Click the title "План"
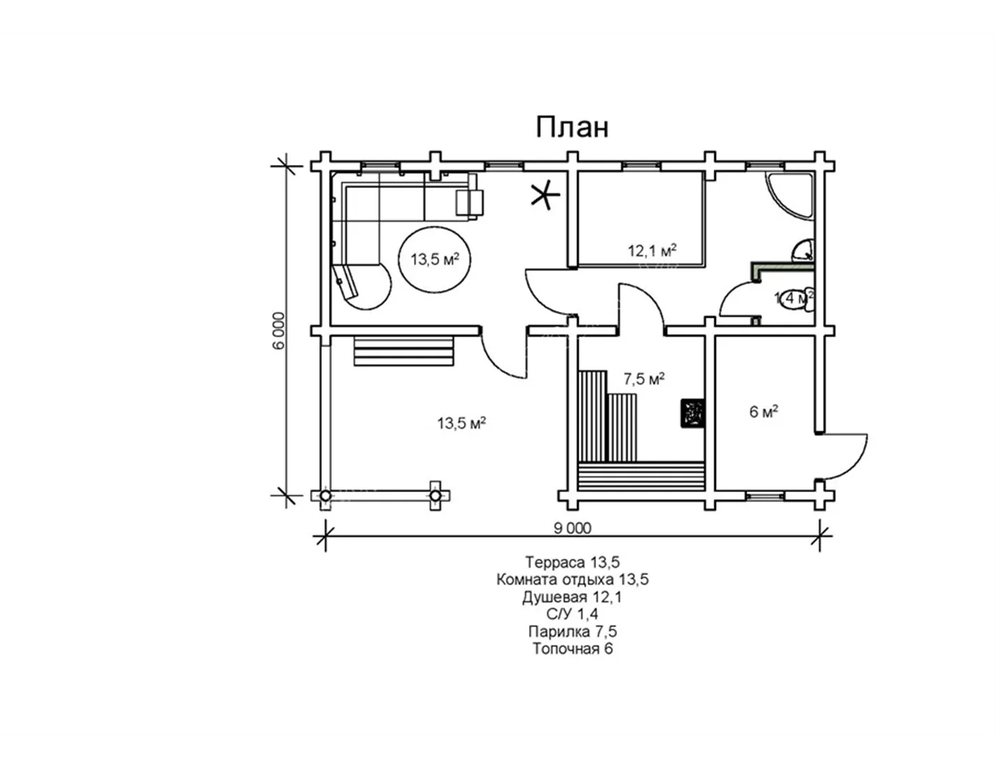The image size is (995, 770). [572, 127]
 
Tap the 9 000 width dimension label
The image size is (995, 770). [572, 528]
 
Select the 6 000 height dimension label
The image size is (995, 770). [279, 330]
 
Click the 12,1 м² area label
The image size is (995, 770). [652, 251]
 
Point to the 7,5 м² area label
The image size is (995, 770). [644, 379]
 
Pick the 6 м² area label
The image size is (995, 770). [764, 412]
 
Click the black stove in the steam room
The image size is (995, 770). [692, 414]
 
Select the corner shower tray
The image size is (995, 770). [789, 197]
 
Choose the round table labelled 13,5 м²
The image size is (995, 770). [435, 259]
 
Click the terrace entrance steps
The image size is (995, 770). [404, 351]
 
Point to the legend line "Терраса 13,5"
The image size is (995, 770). [572, 561]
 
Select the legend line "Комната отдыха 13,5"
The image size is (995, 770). [572, 580]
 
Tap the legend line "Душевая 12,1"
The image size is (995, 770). [572, 597]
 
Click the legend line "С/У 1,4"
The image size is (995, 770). [572, 614]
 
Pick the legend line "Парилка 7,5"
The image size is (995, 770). [572, 631]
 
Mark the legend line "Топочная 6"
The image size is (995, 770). [572, 649]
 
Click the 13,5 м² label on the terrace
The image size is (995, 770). [461, 423]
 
